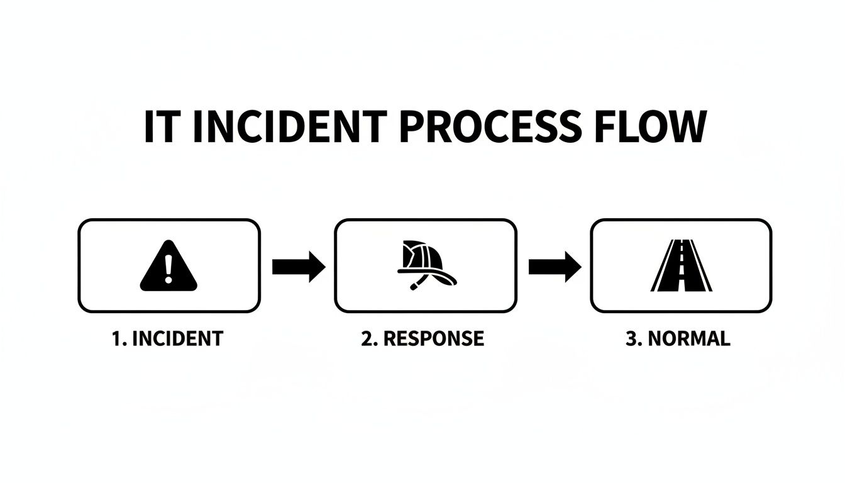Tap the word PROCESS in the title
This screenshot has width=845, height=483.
[x=490, y=128]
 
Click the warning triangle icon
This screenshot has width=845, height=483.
[x=168, y=268]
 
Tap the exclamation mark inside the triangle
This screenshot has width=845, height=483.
[x=168, y=267]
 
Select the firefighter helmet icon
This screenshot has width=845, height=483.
[x=425, y=265]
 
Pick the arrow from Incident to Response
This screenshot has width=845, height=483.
[x=299, y=267]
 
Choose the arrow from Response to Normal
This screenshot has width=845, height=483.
[x=554, y=267]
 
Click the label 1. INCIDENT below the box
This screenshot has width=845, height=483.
[x=167, y=339]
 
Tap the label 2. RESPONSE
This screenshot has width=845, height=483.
[x=422, y=339]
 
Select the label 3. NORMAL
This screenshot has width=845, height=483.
[x=678, y=339]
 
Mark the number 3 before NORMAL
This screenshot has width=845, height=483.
[x=631, y=339]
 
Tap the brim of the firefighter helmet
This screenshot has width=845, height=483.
[x=428, y=275]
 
